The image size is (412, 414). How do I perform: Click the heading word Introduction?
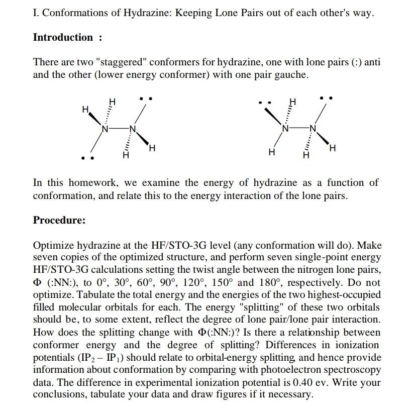tap(63, 37)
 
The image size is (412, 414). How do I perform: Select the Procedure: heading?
tap(59, 220)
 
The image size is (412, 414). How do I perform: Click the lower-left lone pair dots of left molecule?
tap(87, 158)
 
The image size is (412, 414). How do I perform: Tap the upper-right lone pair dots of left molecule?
tap(146, 98)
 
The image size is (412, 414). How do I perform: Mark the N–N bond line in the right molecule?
tap(299, 128)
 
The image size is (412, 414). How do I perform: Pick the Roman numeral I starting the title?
tap(35, 13)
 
